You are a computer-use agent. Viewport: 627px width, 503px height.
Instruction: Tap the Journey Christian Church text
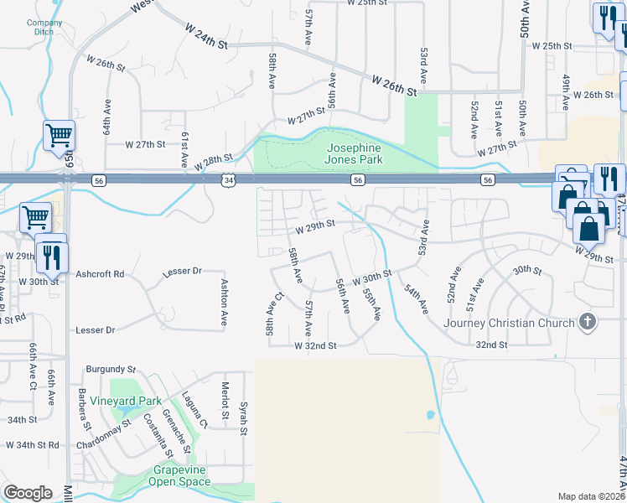[x=510, y=323]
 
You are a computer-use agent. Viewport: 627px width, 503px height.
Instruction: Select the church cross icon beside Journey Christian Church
[x=588, y=322]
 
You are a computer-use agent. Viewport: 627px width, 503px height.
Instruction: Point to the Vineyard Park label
[x=127, y=401]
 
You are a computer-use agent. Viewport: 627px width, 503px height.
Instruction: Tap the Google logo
[x=28, y=493]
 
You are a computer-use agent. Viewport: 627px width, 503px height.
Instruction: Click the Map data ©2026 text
[x=592, y=496]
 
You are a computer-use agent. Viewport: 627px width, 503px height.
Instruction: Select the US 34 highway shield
[x=230, y=180]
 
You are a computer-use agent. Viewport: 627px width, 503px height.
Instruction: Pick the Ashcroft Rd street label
[x=100, y=274]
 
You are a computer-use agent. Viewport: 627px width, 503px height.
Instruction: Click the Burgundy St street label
[x=111, y=369]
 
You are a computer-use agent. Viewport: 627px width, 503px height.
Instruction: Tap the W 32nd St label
[x=315, y=345]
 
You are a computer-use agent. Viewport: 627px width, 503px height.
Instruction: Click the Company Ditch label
[x=44, y=27]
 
